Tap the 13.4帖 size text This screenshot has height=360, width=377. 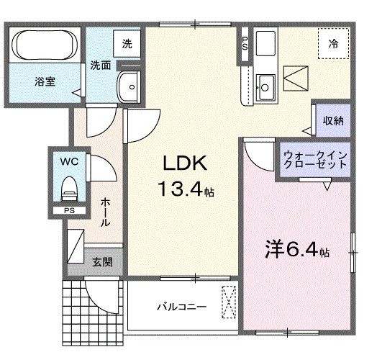pos(186,192)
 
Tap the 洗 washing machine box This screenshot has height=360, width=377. pos(127,44)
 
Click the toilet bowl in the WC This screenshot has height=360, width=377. pos(70,188)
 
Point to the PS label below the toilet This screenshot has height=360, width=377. pos(69,210)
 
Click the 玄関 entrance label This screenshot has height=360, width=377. pos(101,261)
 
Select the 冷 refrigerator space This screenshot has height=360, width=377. pos(333,42)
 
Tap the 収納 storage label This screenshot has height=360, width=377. pos(332,120)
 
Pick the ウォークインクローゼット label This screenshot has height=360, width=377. pos(316,159)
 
